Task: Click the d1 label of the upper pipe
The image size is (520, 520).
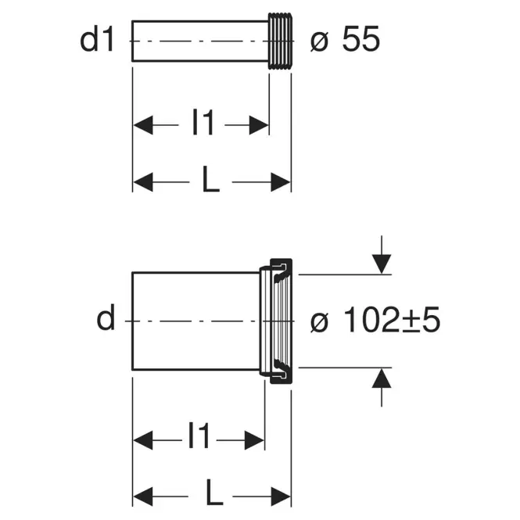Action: tap(97, 39)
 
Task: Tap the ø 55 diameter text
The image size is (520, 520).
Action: tap(345, 39)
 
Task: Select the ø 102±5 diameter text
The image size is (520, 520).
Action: tap(375, 319)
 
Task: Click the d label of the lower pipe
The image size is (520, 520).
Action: tap(106, 317)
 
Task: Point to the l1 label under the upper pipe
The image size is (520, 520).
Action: tap(203, 122)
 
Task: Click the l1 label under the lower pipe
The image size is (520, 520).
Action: tap(199, 435)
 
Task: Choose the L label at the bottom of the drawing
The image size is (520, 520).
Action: tap(214, 492)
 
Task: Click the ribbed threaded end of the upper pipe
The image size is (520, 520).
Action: tap(281, 41)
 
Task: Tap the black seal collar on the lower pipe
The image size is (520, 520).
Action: tap(282, 321)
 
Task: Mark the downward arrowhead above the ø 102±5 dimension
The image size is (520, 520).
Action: tap(382, 264)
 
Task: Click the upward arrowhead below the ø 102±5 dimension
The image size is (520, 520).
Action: tap(382, 378)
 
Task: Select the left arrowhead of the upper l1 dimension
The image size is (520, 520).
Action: tap(143, 125)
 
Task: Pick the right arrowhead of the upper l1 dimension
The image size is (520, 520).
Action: tap(259, 125)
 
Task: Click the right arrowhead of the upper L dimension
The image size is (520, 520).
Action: tap(281, 182)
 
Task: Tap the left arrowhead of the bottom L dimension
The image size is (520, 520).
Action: tap(143, 497)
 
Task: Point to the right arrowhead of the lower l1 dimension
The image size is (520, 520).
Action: tap(254, 440)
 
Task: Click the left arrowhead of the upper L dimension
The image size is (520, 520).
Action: tap(143, 182)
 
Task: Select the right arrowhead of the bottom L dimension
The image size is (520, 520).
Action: tap(281, 497)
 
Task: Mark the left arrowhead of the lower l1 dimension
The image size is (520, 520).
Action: tap(143, 440)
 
